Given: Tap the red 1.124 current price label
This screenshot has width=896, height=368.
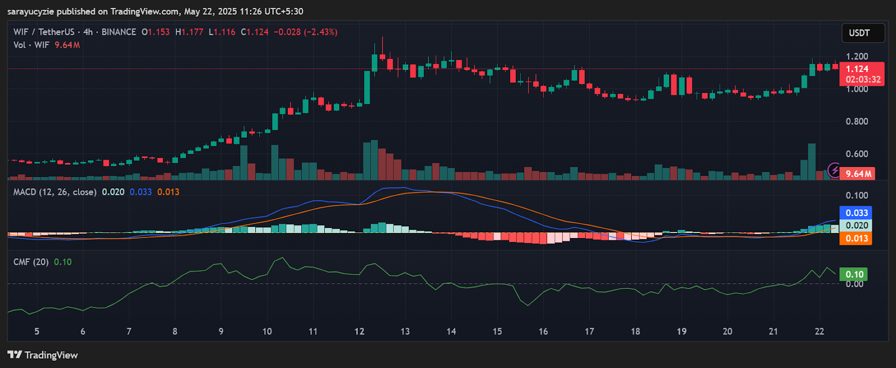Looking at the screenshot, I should click(857, 69).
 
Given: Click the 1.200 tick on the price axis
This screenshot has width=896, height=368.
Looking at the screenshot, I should click(857, 57).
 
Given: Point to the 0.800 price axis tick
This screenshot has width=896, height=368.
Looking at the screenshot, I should click(857, 122).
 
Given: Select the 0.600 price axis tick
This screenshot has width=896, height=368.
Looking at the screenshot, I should click(857, 154).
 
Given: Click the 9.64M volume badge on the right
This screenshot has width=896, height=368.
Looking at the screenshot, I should click(858, 174).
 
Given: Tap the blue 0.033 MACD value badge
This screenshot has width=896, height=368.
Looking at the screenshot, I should click(856, 213).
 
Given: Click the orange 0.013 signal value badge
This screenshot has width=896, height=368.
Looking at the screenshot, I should click(856, 239).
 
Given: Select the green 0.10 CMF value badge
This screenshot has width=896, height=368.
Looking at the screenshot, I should click(855, 274).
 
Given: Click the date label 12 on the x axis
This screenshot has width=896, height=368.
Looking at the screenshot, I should click(359, 332).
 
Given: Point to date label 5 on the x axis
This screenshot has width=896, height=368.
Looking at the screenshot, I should click(37, 332).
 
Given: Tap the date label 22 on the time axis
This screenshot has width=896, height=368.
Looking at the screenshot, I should click(819, 332).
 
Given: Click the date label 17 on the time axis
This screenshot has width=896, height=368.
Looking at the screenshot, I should click(589, 332).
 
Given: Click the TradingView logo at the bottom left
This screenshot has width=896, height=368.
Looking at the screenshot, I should click(43, 355).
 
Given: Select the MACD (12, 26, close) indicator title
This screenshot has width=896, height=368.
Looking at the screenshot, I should click(55, 192).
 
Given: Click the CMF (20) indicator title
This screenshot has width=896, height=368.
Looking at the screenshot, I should click(31, 262).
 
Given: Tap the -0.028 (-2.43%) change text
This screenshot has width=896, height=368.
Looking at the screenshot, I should click(305, 32).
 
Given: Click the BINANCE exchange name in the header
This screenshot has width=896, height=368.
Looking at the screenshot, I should click(119, 32).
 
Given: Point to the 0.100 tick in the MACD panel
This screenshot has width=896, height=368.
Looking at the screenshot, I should click(857, 195).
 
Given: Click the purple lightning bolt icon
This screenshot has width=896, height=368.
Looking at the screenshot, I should click(834, 170).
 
